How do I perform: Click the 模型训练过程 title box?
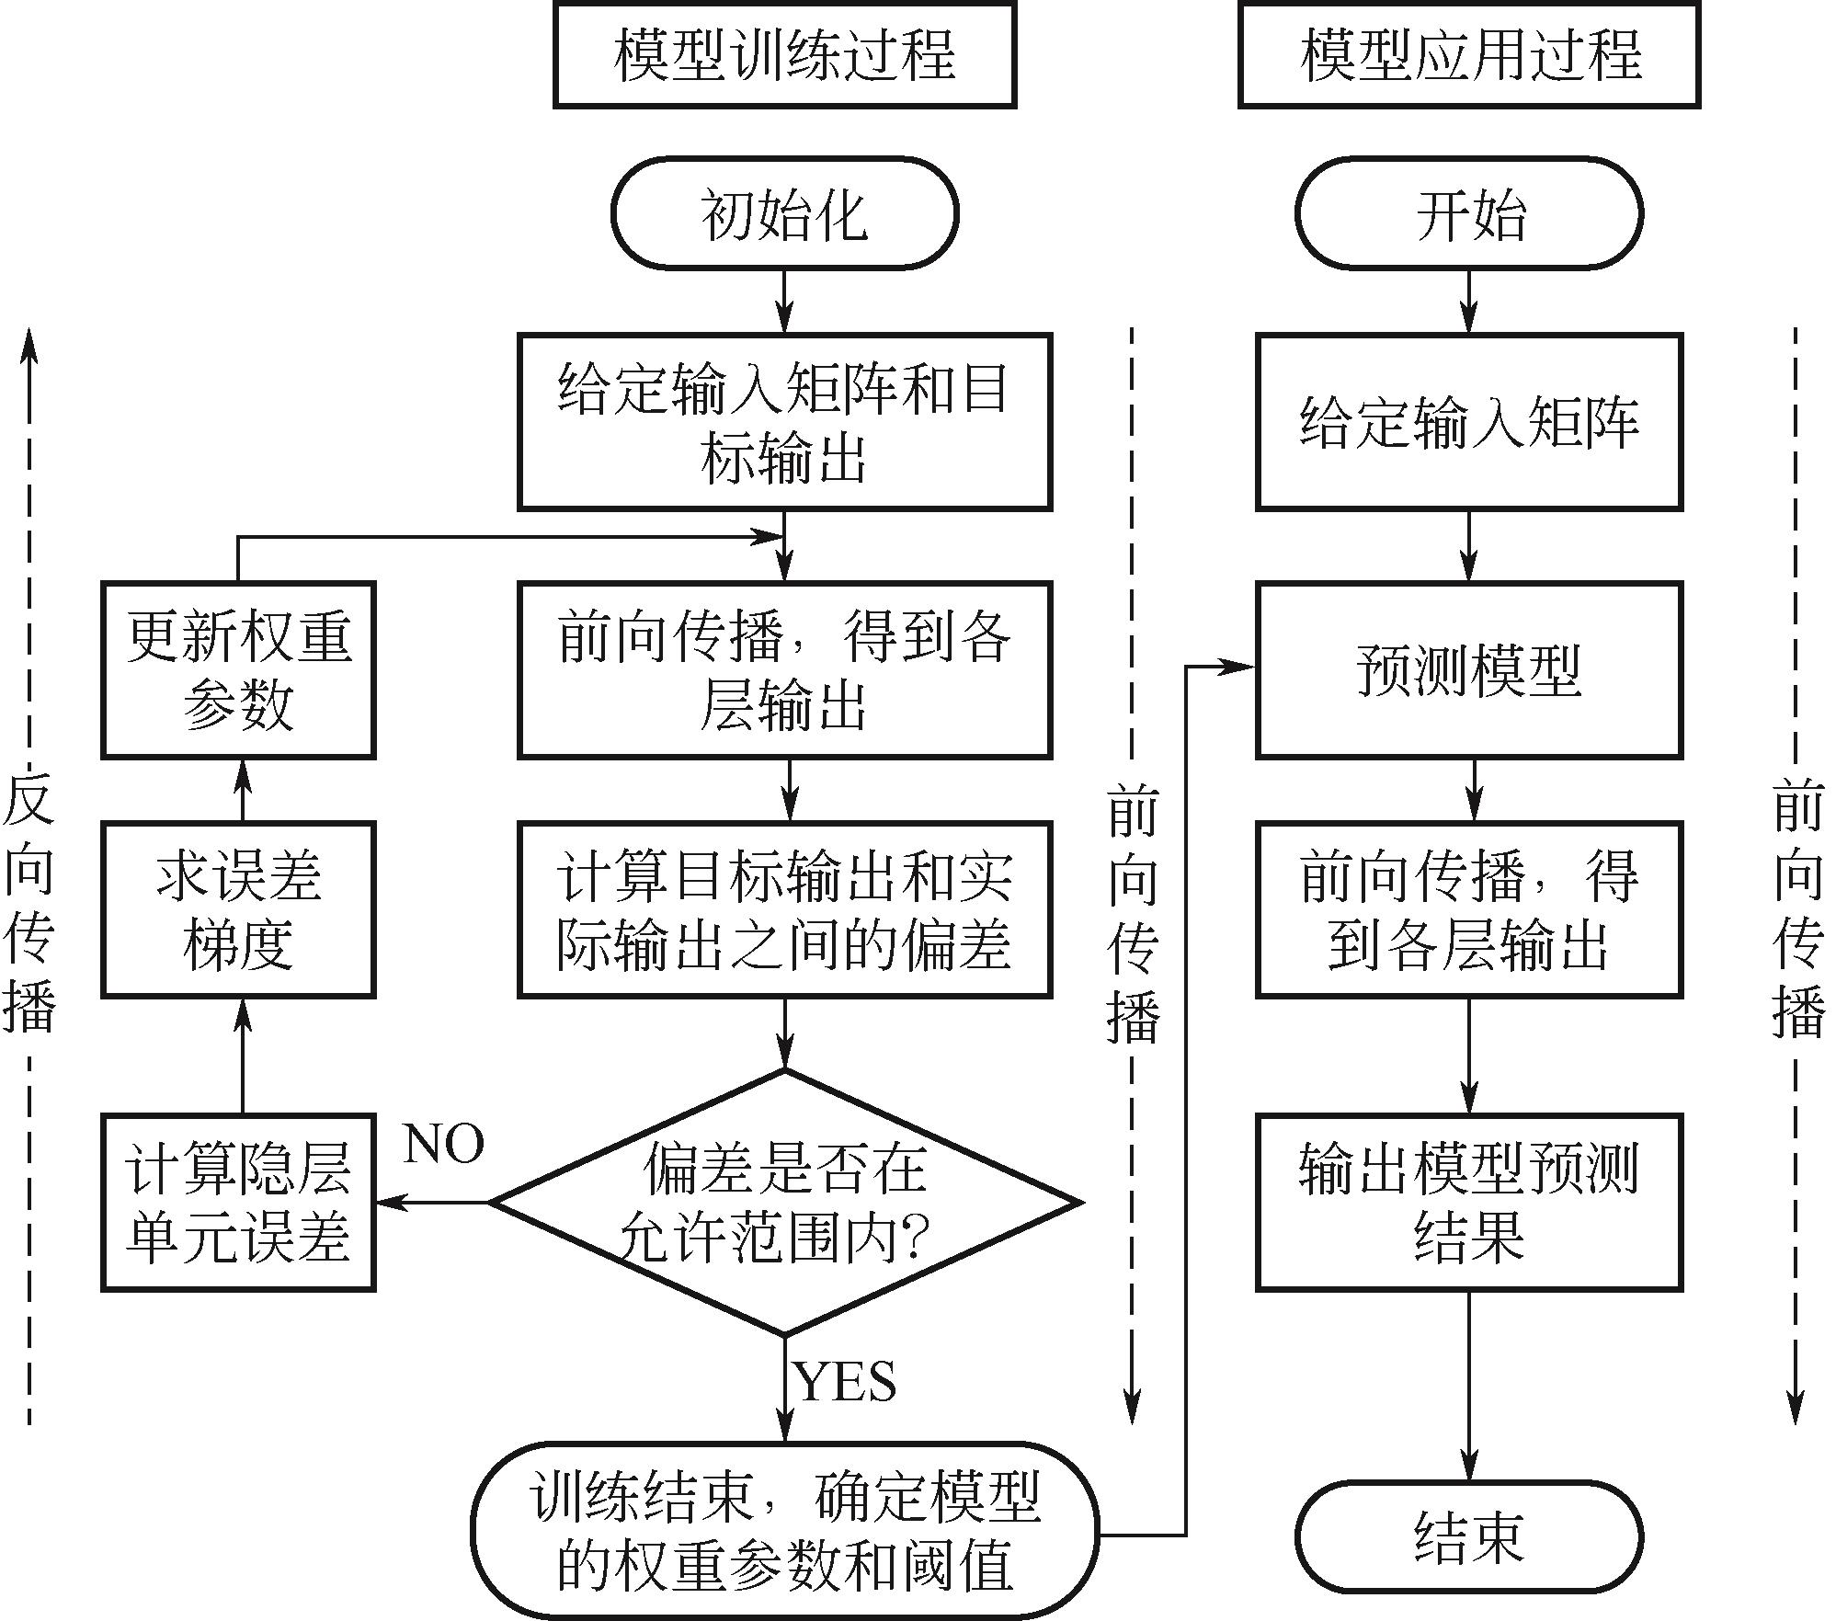coord(784,54)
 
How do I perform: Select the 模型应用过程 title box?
coord(1468,54)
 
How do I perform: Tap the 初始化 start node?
coord(784,214)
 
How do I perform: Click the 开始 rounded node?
coord(1468,214)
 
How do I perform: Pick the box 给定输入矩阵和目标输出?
coord(784,422)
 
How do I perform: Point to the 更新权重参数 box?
coord(238,670)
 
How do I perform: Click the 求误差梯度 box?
coord(238,909)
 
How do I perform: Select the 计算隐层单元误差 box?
coord(238,1202)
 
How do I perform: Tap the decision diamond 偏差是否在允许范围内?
coord(784,1202)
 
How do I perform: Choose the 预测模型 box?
coord(1468,670)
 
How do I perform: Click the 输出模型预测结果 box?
coord(1468,1202)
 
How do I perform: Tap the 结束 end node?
coord(1468,1536)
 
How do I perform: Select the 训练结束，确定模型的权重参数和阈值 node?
coord(784,1531)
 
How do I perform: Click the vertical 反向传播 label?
coord(29,906)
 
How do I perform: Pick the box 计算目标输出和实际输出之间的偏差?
coord(784,909)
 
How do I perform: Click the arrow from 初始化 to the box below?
coord(784,301)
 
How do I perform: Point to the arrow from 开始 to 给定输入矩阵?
coord(1468,301)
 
